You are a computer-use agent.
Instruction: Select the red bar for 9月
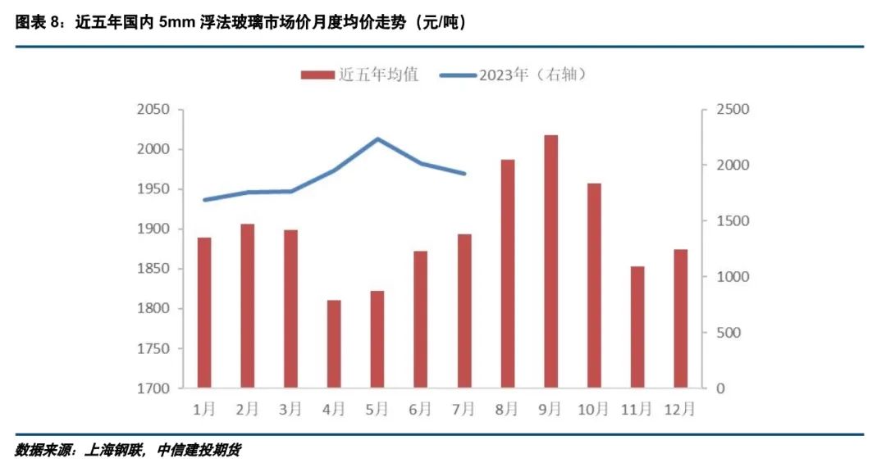(x=550, y=261)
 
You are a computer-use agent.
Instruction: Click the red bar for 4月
(x=334, y=343)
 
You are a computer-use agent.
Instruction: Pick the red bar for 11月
(x=637, y=326)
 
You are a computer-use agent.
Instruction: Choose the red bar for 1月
(x=204, y=312)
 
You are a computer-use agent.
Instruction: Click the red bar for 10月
(x=594, y=285)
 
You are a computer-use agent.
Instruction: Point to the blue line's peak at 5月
(x=377, y=138)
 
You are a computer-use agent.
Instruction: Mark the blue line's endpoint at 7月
(x=464, y=174)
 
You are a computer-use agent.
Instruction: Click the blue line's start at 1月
(x=204, y=200)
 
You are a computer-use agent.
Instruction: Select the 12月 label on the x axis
(x=681, y=408)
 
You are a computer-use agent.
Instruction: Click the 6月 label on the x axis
(x=421, y=408)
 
